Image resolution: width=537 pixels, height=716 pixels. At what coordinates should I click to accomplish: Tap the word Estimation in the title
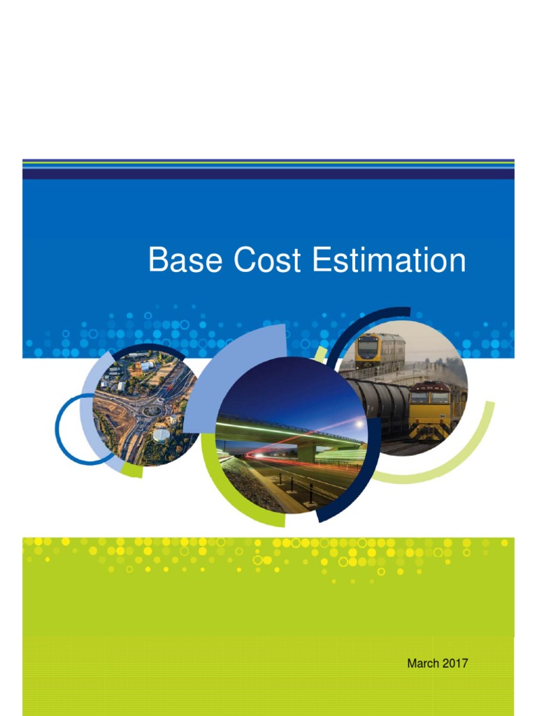pyautogui.click(x=389, y=261)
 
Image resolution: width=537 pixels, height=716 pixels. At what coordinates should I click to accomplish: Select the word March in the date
pyautogui.click(x=422, y=663)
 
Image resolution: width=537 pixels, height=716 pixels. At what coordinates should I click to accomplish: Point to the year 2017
pyautogui.click(x=455, y=663)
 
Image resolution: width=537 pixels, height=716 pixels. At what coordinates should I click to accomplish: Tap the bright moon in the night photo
pyautogui.click(x=359, y=424)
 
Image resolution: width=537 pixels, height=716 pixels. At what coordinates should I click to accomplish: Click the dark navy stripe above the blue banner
pyautogui.click(x=268, y=173)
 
